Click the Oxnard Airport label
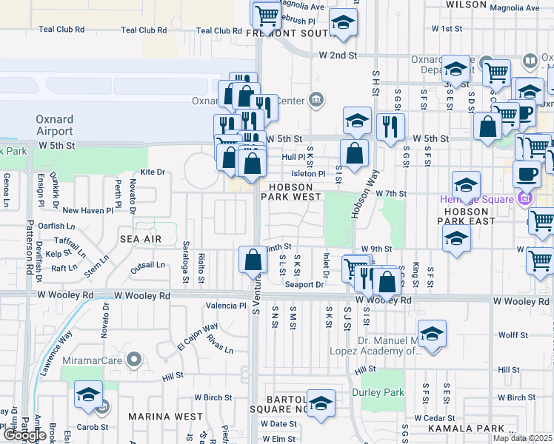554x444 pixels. pos(55,125)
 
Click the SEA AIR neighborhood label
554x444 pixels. pos(141,239)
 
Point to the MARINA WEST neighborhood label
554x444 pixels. pos(166,417)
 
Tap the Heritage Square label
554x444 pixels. pos(481,199)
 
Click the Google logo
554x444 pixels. pos(24,434)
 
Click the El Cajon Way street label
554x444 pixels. pos(197,336)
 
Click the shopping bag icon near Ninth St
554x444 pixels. pos(253,260)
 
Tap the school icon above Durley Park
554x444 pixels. pos(432,334)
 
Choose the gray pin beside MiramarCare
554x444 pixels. pos(134,360)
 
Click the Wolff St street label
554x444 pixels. pos(513,335)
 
